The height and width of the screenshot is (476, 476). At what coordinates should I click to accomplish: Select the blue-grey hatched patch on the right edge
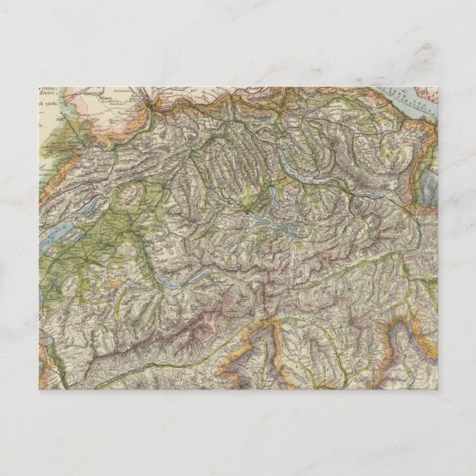429,188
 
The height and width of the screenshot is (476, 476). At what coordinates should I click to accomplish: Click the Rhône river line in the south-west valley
111,355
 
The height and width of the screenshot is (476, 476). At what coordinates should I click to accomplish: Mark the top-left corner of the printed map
39,87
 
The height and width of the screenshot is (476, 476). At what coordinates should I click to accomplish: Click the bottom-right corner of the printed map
437,389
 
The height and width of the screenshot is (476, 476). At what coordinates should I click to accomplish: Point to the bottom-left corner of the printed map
39,389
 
